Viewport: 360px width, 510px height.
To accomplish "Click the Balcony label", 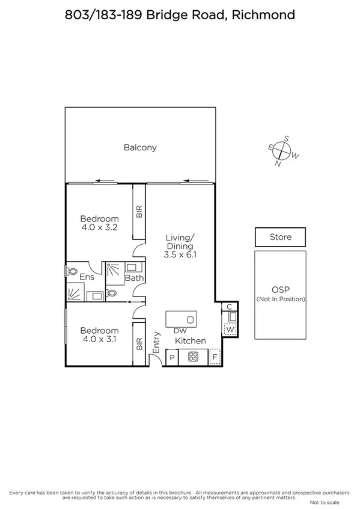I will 140,147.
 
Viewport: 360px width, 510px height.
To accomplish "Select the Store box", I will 280,237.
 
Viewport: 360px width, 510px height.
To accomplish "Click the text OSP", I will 281,289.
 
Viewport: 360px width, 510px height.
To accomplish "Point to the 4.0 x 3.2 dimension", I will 100,228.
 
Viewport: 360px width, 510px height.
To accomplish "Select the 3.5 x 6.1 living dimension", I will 180,255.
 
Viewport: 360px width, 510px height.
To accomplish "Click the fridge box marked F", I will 215,357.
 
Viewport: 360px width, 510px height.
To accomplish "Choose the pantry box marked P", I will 172,358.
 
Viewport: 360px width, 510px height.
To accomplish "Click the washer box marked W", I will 230,329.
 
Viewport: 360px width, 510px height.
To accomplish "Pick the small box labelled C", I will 229,307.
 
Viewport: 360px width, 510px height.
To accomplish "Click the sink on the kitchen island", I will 190,319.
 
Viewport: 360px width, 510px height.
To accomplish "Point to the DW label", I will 179,331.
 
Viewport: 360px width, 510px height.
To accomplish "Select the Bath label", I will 133,278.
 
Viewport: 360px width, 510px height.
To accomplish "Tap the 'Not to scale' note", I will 325,502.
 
